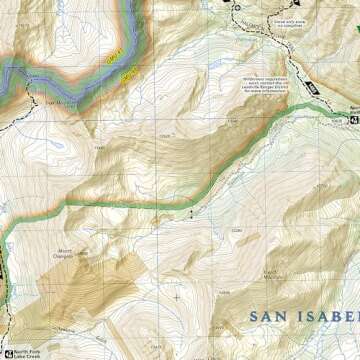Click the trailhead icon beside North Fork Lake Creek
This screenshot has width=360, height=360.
(7, 351)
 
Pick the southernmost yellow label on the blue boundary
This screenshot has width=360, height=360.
(128, 74)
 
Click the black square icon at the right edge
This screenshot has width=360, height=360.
(355, 121)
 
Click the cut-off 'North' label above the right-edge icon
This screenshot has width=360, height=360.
(354, 109)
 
